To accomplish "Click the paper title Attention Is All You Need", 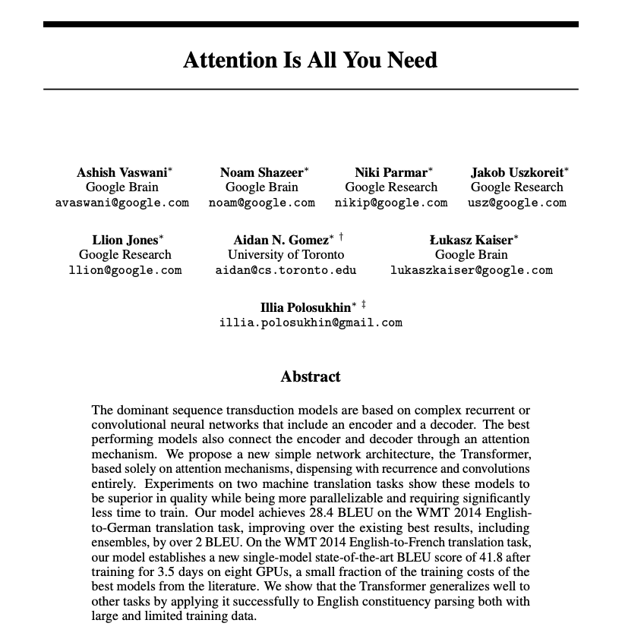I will [x=310, y=60].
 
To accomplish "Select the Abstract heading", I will [x=311, y=376].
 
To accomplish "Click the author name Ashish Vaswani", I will [x=122, y=172].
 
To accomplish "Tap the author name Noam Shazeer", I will [x=261, y=172].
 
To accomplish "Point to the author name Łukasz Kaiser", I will [x=471, y=240].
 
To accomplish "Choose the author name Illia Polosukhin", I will [x=305, y=307].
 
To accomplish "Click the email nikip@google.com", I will [x=391, y=203].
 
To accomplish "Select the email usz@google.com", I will [x=517, y=203].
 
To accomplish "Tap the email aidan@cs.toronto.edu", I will [x=286, y=270].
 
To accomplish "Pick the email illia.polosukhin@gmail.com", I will [x=311, y=323].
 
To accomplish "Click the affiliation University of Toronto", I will [x=286, y=255].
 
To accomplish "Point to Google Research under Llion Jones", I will [x=125, y=255].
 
